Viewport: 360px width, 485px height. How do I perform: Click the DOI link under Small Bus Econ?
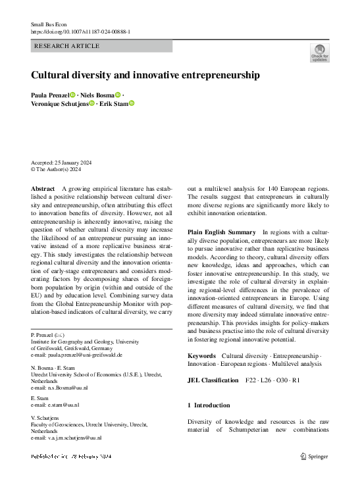[80, 32]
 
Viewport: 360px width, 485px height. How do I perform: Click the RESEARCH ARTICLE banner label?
[66, 46]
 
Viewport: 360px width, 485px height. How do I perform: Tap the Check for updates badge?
[319, 53]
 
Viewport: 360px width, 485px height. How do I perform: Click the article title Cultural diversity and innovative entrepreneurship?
[145, 75]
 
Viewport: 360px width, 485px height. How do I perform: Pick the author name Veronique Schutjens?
[59, 103]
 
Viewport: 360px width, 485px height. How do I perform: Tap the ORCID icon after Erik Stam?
[132, 103]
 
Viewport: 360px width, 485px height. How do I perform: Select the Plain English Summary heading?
[221, 232]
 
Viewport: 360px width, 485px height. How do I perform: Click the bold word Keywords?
[201, 355]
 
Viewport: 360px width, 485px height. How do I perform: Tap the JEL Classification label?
[213, 380]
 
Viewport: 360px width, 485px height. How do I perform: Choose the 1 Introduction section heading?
[209, 405]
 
